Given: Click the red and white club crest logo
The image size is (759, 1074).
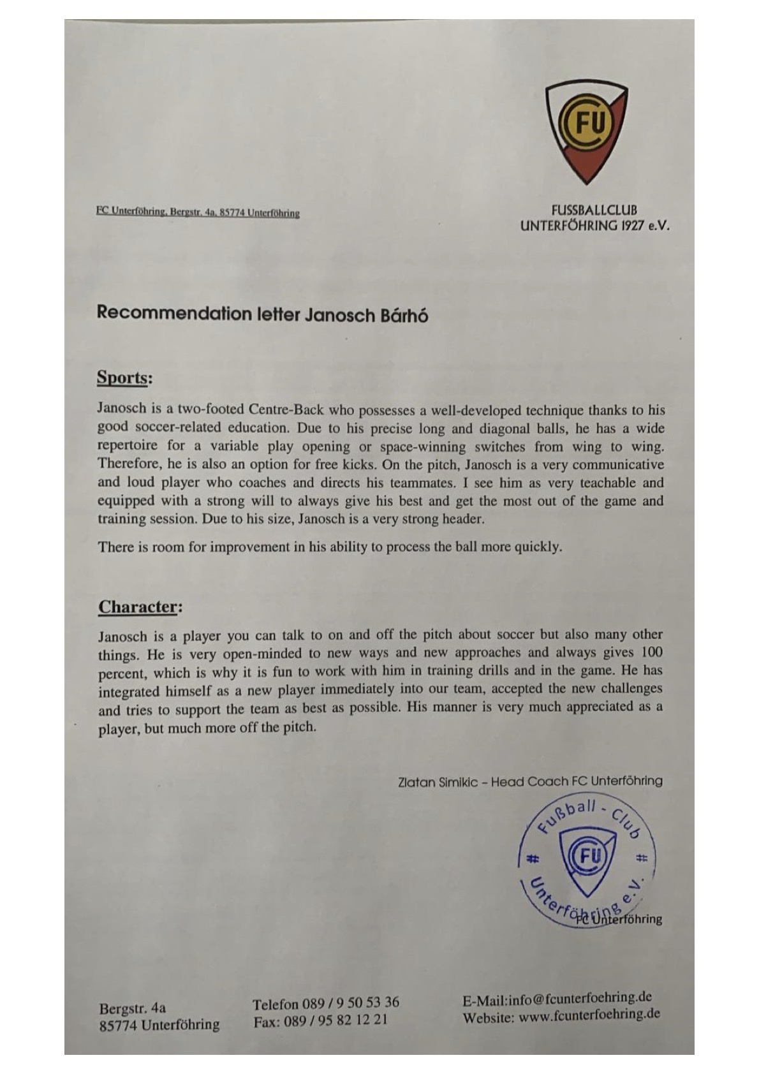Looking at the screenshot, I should click(586, 132).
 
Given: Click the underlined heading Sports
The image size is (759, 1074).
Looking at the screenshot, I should click(122, 378).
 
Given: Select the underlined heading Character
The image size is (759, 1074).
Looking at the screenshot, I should click(137, 607).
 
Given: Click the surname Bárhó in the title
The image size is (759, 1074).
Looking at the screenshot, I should click(404, 315).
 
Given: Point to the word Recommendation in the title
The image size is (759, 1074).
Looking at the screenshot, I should click(174, 313).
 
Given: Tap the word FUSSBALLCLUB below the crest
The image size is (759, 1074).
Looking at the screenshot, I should click(594, 209).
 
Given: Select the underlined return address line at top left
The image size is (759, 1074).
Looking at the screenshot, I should click(198, 212).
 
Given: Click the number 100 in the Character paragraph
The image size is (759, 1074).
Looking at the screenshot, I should click(651, 652).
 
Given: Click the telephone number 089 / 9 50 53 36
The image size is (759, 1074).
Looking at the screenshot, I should click(351, 1003).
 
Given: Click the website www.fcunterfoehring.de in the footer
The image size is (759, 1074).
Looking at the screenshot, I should click(589, 1015).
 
